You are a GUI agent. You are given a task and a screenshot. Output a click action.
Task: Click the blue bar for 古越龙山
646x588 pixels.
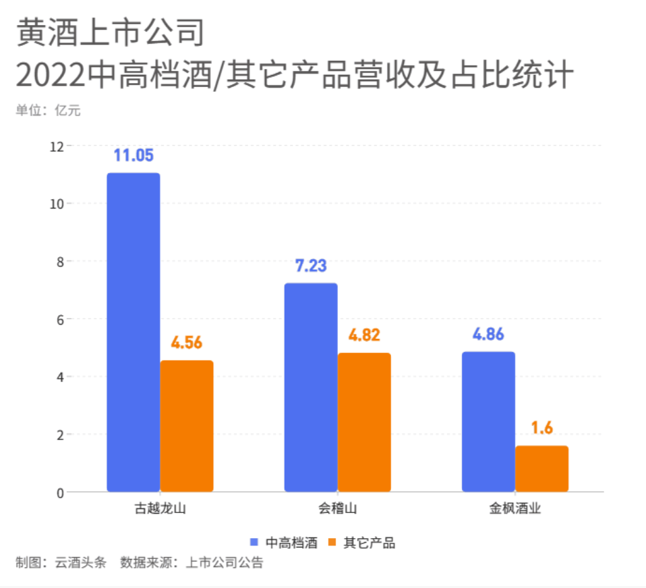[x=134, y=332]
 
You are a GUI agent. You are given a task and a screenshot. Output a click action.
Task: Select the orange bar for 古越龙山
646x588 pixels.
[x=187, y=426]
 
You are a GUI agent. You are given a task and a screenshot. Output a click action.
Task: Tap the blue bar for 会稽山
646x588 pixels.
[x=311, y=387]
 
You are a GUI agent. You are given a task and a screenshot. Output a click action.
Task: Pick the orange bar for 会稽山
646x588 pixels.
[x=364, y=422]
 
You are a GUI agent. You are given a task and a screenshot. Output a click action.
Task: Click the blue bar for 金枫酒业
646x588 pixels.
[x=488, y=421]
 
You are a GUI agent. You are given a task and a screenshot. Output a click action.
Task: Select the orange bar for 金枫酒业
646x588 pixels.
[x=541, y=469]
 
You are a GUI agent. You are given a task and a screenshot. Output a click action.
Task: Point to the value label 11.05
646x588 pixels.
[x=134, y=156]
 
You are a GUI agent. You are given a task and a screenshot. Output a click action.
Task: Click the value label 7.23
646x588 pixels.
[x=311, y=266]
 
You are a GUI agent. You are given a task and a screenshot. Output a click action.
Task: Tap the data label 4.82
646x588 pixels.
[x=364, y=336]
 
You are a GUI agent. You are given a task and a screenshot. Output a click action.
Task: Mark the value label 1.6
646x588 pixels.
[x=541, y=429]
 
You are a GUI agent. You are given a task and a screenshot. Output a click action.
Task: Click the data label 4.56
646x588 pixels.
[x=187, y=343]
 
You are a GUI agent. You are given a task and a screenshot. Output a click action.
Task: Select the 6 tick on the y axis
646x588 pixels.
[x=60, y=319]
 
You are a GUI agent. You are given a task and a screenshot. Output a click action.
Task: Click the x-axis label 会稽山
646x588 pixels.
[x=338, y=509]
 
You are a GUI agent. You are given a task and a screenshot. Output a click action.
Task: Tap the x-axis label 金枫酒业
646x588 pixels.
[x=515, y=509]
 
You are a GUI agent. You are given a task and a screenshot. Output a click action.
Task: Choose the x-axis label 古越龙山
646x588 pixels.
[x=160, y=509]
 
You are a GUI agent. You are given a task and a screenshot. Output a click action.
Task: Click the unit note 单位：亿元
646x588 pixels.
[x=48, y=111]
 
